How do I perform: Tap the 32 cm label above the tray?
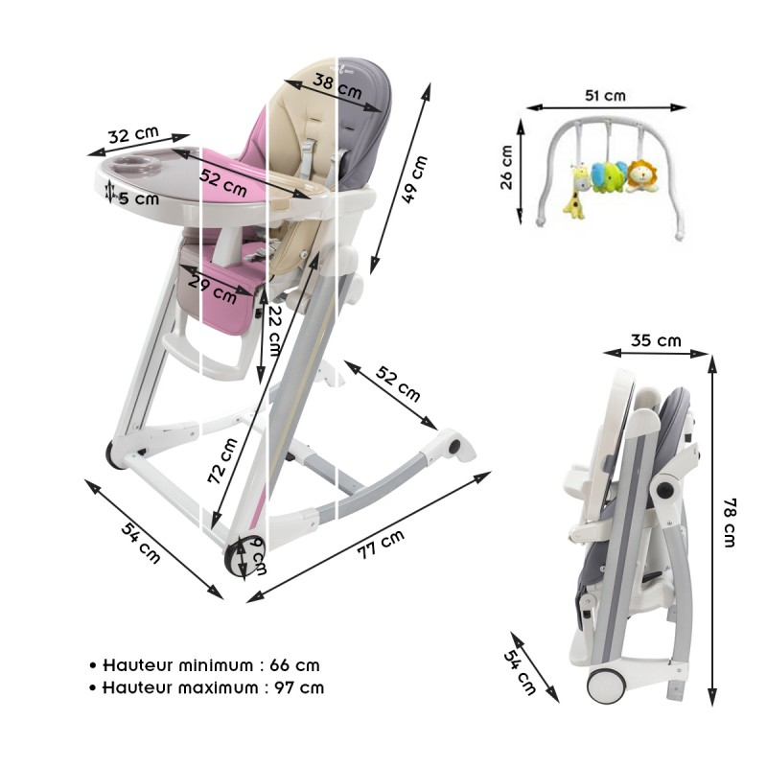pyautogui.click(x=133, y=136)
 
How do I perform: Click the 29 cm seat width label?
pyautogui.click(x=212, y=282)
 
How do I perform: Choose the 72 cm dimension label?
pyautogui.click(x=222, y=461)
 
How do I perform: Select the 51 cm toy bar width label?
pyautogui.click(x=605, y=95)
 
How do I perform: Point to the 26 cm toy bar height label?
pyautogui.click(x=507, y=168)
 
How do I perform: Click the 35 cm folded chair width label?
pyautogui.click(x=656, y=340)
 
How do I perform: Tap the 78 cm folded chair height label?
pyautogui.click(x=732, y=522)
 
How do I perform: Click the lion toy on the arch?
pyautogui.click(x=642, y=176)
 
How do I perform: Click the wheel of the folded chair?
pyautogui.click(x=607, y=686)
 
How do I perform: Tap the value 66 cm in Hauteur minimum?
pyautogui.click(x=295, y=664)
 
